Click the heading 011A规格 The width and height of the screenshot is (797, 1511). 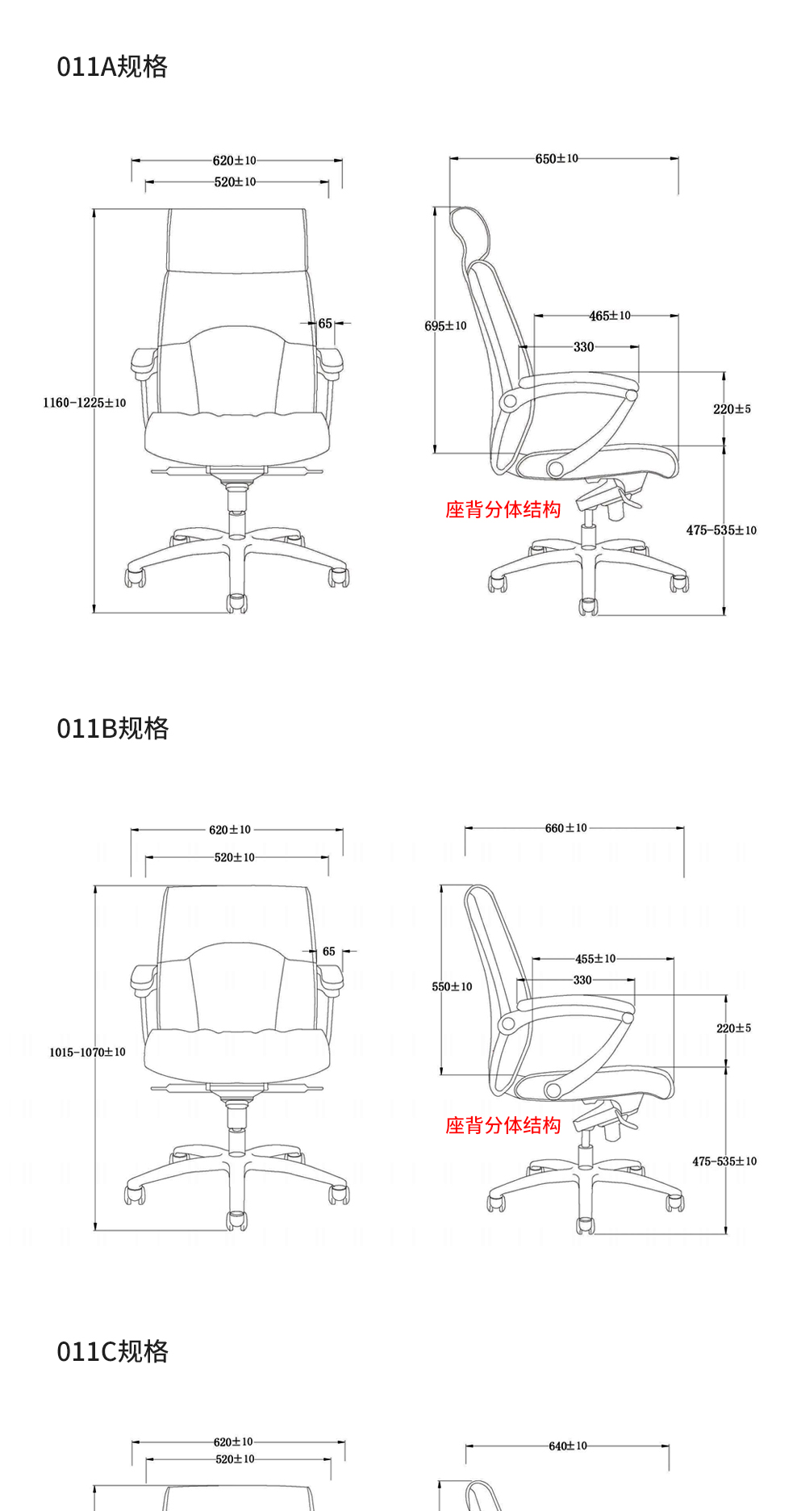click(112, 66)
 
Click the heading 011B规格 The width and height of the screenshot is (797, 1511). click(113, 728)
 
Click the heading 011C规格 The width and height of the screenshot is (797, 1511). click(113, 1351)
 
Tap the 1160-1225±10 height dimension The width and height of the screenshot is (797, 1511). click(85, 403)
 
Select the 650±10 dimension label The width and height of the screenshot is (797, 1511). click(557, 159)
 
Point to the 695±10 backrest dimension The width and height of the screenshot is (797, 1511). click(445, 326)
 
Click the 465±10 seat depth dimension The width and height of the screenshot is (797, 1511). click(610, 316)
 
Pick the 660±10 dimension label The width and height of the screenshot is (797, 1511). click(566, 828)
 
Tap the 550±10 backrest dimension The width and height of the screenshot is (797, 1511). click(452, 986)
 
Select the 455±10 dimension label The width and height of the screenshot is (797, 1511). click(595, 959)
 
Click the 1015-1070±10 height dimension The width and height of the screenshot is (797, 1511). click(87, 1053)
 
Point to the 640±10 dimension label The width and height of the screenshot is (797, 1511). click(568, 1446)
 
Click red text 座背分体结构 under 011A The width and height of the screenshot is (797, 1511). click(503, 509)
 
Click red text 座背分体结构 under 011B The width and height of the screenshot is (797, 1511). click(503, 1125)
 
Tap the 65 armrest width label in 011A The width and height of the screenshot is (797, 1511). click(325, 324)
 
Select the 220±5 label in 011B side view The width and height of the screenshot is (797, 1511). click(733, 1028)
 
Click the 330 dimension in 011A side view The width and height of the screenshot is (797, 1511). click(584, 347)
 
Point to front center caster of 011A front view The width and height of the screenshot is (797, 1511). click(236, 603)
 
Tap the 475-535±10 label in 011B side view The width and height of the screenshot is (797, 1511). click(724, 1162)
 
